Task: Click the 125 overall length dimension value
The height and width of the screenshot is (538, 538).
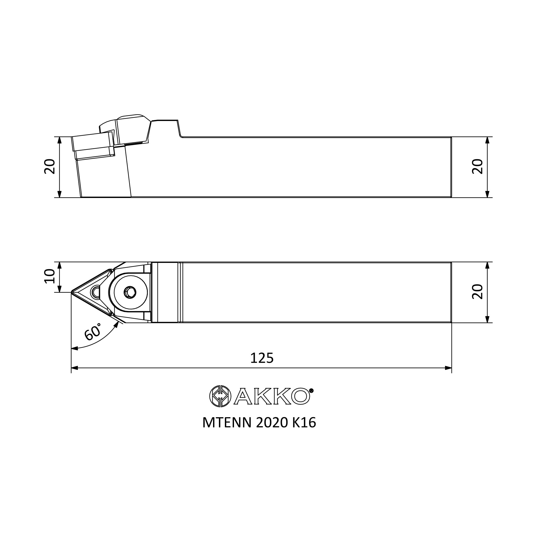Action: (262, 358)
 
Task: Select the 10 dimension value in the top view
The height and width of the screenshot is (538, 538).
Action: (50, 276)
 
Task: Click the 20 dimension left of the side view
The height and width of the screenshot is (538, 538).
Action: (50, 166)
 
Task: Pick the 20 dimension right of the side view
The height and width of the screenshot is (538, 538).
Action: (477, 166)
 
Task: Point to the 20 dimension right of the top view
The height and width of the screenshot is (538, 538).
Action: (477, 292)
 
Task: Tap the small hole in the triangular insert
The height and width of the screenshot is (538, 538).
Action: (96, 292)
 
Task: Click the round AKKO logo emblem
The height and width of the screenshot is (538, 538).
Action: (220, 396)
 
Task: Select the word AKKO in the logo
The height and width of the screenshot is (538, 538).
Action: (272, 396)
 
